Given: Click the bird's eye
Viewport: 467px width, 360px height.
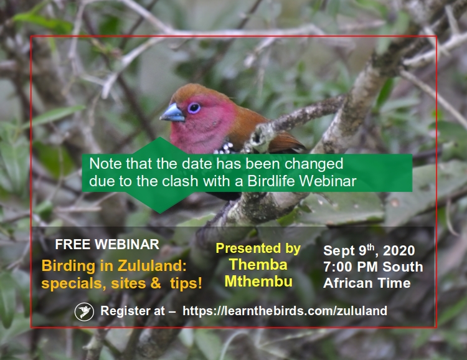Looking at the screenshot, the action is click(x=194, y=108).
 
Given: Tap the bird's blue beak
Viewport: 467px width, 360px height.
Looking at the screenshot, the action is click(x=172, y=113).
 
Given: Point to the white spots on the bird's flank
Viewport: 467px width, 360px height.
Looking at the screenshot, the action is click(x=225, y=148).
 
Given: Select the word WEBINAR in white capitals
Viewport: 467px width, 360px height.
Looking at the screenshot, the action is click(x=127, y=245).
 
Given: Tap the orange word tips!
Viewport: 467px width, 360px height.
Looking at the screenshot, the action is click(x=186, y=283).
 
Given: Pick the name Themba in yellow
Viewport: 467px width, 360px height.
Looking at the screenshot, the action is click(x=258, y=264).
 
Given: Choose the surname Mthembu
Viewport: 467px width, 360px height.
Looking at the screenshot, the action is click(x=258, y=282).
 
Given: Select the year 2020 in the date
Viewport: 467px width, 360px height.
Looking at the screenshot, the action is click(x=399, y=250).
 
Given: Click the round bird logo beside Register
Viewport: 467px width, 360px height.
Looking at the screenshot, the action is click(x=84, y=311).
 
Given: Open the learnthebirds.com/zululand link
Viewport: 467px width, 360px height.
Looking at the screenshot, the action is click(x=285, y=311).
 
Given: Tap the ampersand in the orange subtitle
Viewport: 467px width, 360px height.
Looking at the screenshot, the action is click(x=156, y=283).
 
